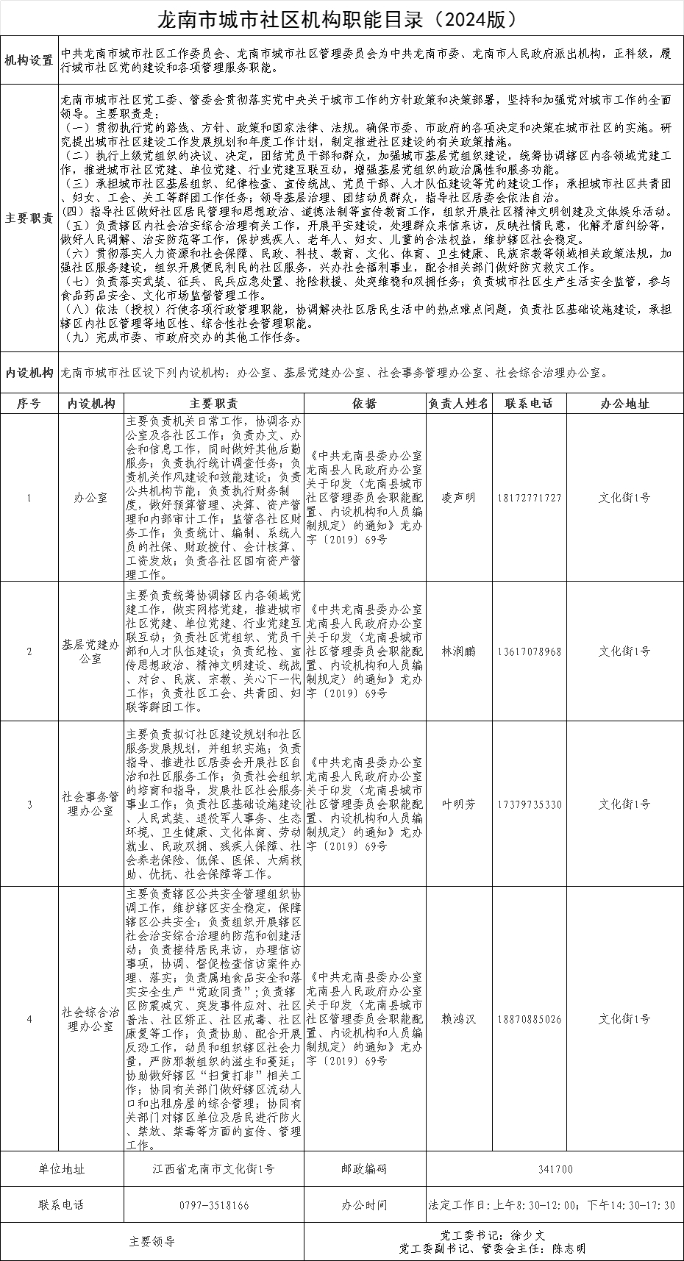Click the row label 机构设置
(29, 60)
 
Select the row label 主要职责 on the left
(29, 218)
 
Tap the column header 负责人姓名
(458, 404)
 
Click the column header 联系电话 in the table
(529, 404)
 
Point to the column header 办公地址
(624, 404)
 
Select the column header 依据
(364, 404)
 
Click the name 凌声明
(458, 498)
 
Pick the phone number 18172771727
(529, 498)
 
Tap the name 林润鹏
(458, 651)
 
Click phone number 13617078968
(529, 651)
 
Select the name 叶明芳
(458, 804)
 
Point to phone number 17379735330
(529, 804)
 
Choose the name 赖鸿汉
(458, 1019)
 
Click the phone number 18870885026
(529, 1019)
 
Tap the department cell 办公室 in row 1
(90, 498)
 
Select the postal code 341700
(555, 1169)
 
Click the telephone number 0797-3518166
(214, 1206)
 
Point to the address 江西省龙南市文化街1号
(214, 1169)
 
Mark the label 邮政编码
(364, 1169)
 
